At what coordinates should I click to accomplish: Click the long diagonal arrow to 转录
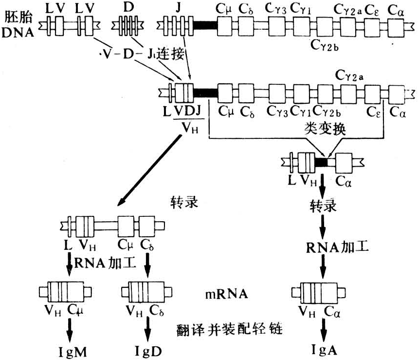145,169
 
